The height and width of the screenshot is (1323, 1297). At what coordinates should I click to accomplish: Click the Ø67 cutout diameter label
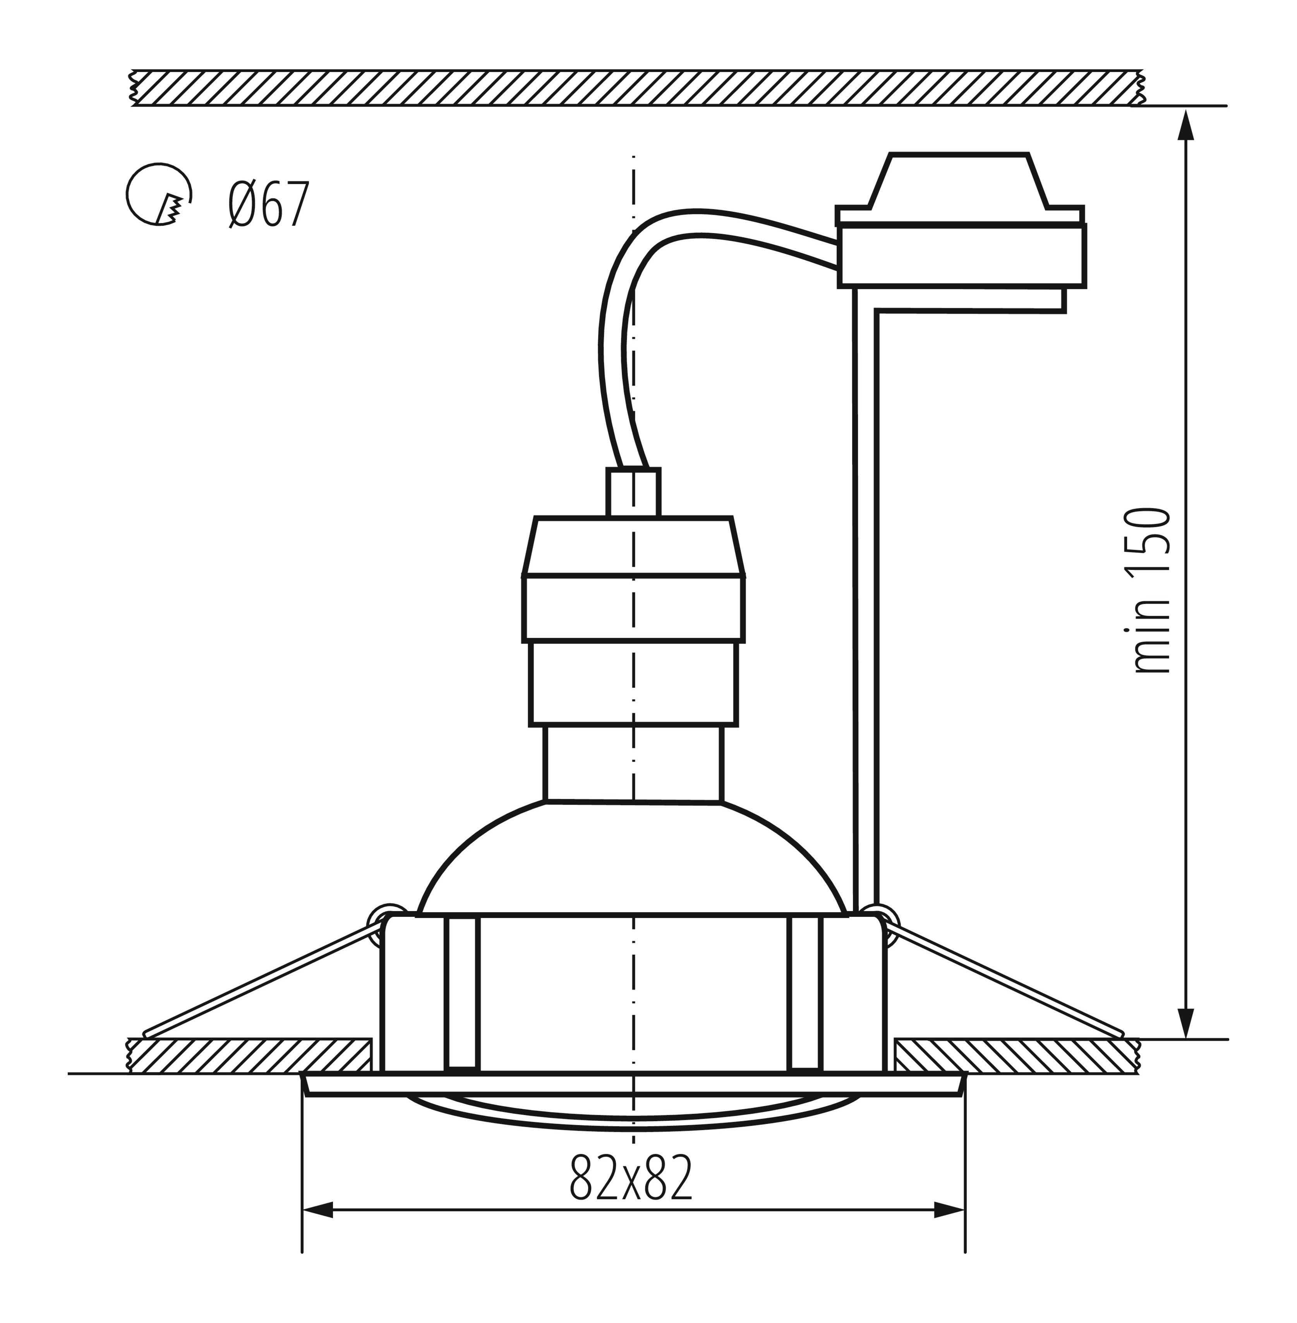pyautogui.click(x=269, y=203)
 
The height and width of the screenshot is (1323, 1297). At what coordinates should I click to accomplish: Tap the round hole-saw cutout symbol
pyautogui.click(x=158, y=194)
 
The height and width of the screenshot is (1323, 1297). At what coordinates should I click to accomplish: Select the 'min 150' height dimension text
pyautogui.click(x=1151, y=591)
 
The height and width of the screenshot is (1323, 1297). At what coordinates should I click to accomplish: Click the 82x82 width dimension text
pyautogui.click(x=631, y=1177)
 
